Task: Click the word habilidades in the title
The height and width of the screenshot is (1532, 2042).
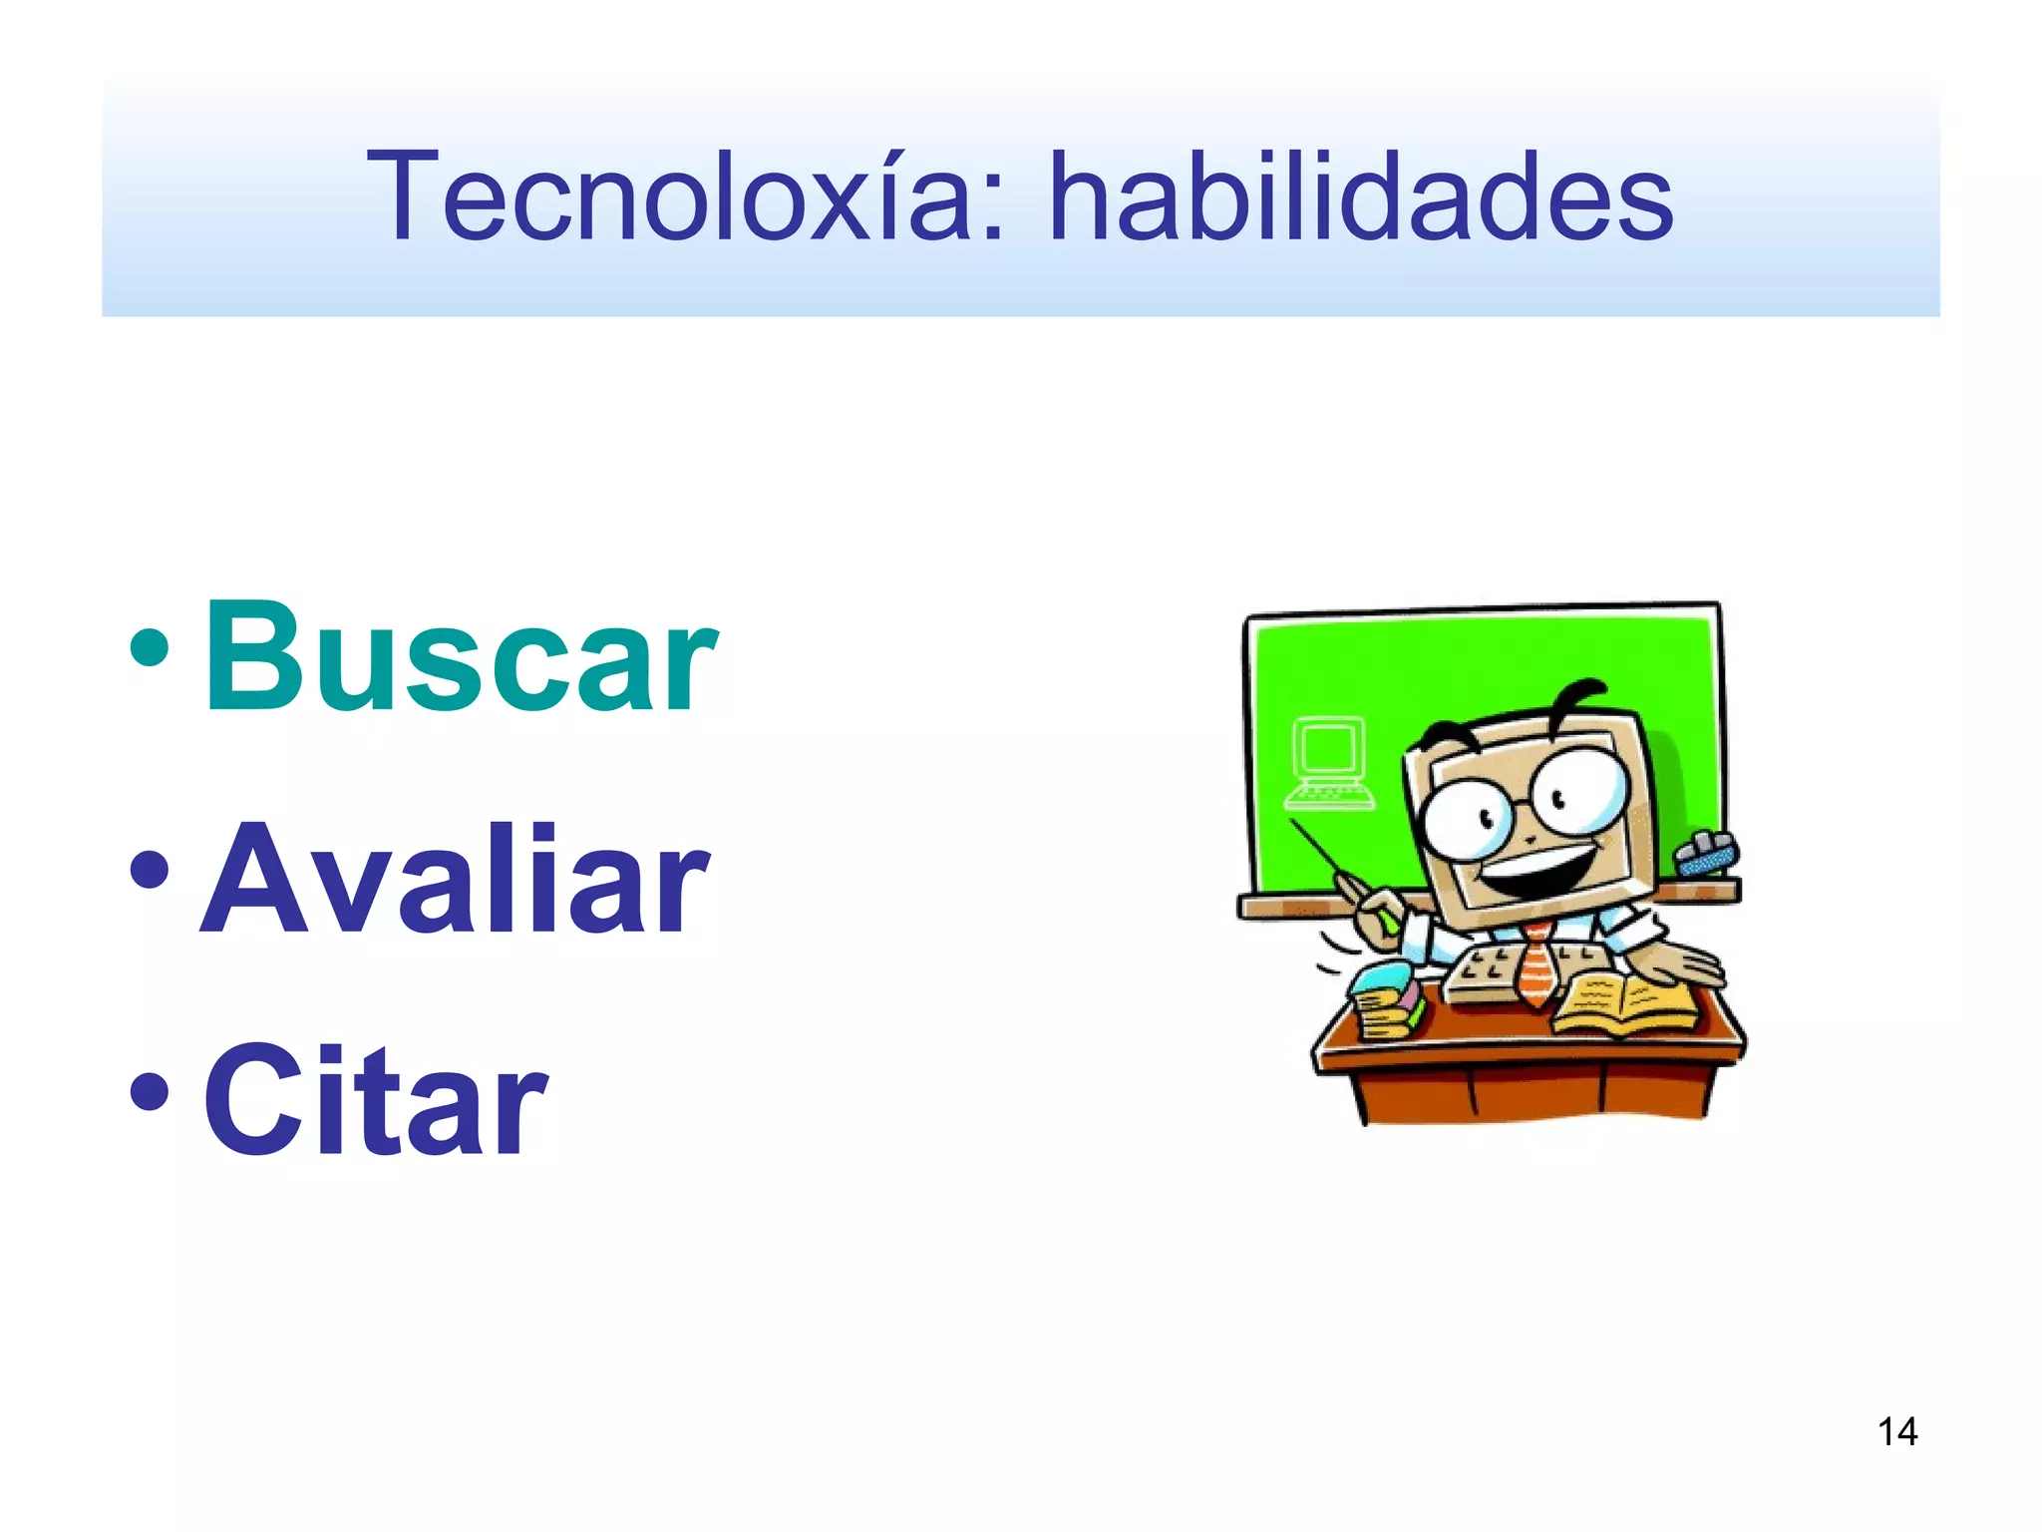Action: pyautogui.click(x=1361, y=196)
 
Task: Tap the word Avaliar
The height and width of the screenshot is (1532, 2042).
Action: pyautogui.click(x=456, y=880)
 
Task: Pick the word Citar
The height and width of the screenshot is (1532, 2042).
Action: pyautogui.click(x=376, y=1101)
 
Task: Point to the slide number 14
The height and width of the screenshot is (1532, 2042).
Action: pyautogui.click(x=1897, y=1432)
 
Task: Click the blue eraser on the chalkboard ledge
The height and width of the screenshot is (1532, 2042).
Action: pyautogui.click(x=1707, y=854)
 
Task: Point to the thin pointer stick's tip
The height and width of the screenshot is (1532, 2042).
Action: pyautogui.click(x=1293, y=822)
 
